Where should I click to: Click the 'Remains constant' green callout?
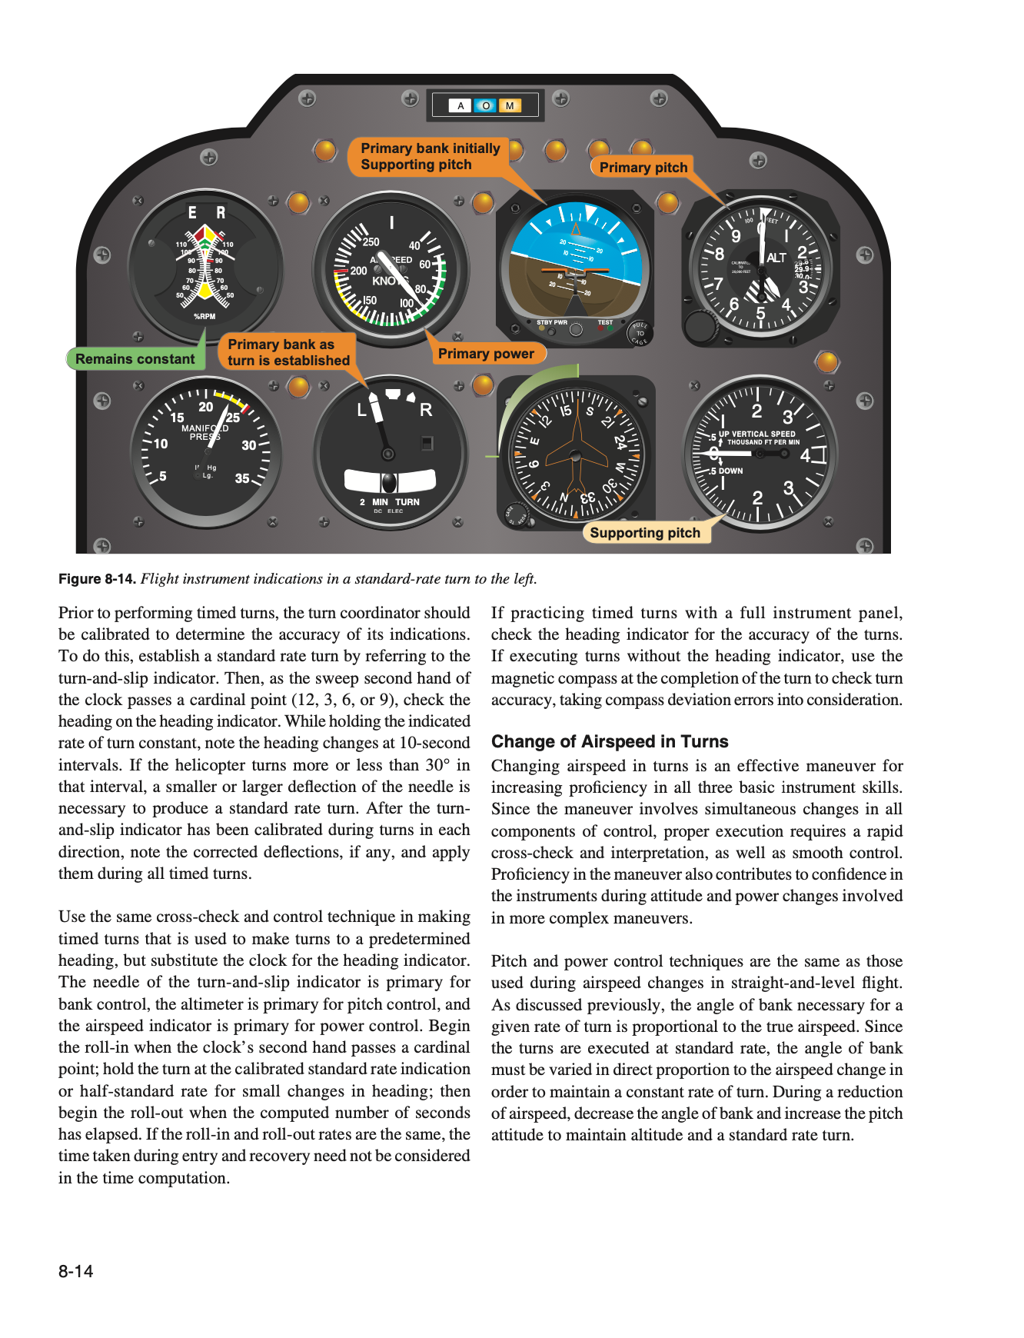click(x=135, y=359)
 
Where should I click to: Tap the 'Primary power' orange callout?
click(x=486, y=354)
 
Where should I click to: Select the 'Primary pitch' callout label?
click(x=643, y=168)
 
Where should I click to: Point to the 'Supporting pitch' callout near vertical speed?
click(x=645, y=533)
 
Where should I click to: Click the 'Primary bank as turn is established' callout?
click(x=288, y=352)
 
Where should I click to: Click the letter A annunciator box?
click(x=460, y=106)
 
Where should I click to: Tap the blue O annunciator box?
click(x=485, y=106)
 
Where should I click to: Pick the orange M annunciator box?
click(x=510, y=106)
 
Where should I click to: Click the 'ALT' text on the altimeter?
click(x=776, y=258)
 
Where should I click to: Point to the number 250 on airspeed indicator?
click(x=371, y=242)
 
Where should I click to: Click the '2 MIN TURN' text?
click(x=390, y=502)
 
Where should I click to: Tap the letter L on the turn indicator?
click(x=361, y=411)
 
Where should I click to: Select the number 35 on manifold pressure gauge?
click(x=242, y=478)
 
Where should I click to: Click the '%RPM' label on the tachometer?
click(x=204, y=316)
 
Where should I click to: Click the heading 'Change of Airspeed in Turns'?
click(x=610, y=741)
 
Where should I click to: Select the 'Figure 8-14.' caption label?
click(x=98, y=579)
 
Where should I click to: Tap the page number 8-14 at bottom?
click(x=75, y=1271)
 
